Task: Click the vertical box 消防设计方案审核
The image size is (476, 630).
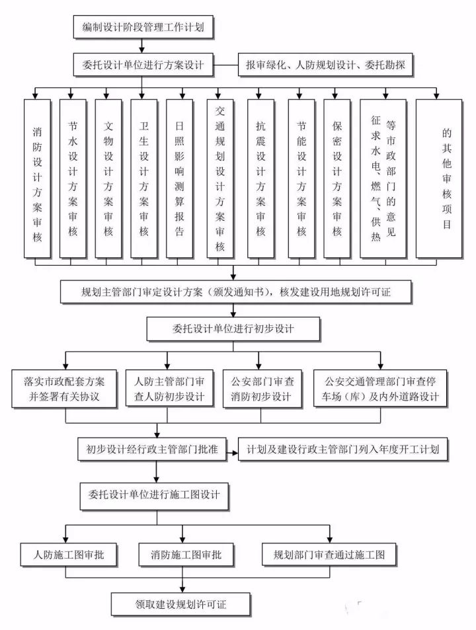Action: [x=37, y=178]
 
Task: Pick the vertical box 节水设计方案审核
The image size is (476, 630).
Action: [x=73, y=178]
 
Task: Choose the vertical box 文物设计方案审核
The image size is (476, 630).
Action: [x=108, y=178]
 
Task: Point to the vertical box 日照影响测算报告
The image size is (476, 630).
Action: [x=180, y=178]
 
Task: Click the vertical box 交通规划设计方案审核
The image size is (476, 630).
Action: [x=220, y=178]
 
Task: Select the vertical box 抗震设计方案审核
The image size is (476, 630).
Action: [x=260, y=178]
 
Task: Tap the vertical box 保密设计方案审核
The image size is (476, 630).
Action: [x=337, y=178]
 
